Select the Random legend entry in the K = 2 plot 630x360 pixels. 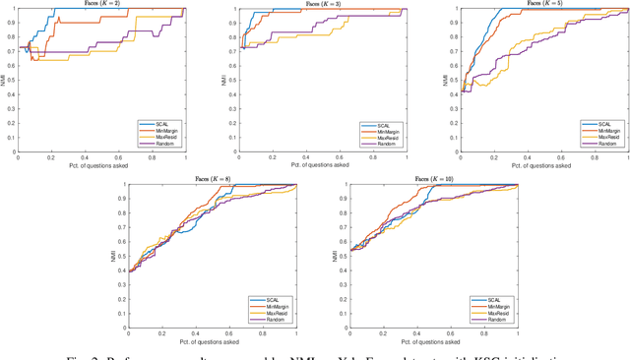coord(165,143)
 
